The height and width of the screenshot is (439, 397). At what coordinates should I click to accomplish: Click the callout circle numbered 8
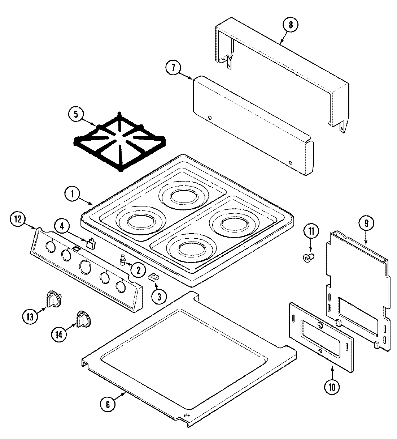(x=291, y=25)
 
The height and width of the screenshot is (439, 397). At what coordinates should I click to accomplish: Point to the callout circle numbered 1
(x=73, y=194)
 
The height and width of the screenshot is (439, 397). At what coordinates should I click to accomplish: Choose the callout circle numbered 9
(x=366, y=223)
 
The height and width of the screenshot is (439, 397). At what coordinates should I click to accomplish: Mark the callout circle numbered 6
(x=108, y=404)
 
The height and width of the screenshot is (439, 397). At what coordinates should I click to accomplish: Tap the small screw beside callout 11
(x=308, y=257)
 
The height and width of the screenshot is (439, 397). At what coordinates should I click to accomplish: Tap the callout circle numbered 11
(x=311, y=230)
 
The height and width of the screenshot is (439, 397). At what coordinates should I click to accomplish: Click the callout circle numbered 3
(x=159, y=297)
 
